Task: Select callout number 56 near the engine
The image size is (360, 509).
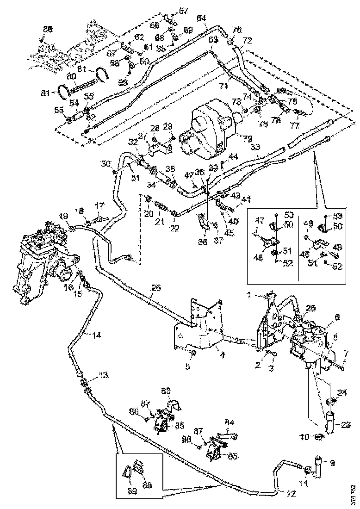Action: pyautogui.click(x=48, y=29)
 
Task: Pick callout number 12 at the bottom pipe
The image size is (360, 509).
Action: pyautogui.click(x=291, y=493)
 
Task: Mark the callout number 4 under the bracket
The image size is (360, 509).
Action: pyautogui.click(x=223, y=355)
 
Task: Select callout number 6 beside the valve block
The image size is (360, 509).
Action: pyautogui.click(x=337, y=317)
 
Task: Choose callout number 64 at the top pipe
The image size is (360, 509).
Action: pyautogui.click(x=201, y=19)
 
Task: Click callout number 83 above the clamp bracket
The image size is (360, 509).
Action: pyautogui.click(x=165, y=390)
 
